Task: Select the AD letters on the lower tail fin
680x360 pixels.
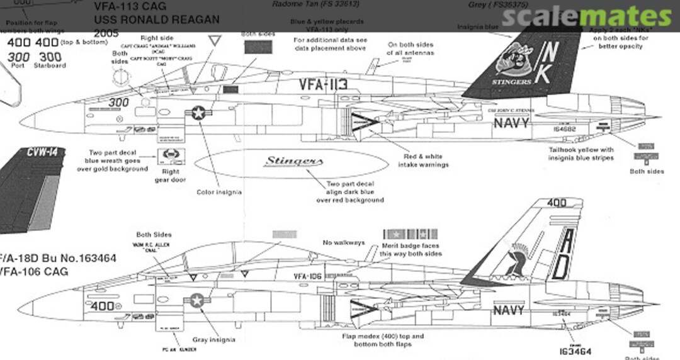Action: coord(562,254)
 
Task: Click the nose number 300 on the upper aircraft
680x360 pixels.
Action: coord(118,101)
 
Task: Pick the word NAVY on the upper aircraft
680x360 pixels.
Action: coord(511,123)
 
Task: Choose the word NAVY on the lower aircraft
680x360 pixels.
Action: coord(509,310)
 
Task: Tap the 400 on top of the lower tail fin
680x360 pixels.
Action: coord(556,203)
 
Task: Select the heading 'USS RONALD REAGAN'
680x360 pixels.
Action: coord(156,19)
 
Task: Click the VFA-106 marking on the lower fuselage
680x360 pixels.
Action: coord(308,276)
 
